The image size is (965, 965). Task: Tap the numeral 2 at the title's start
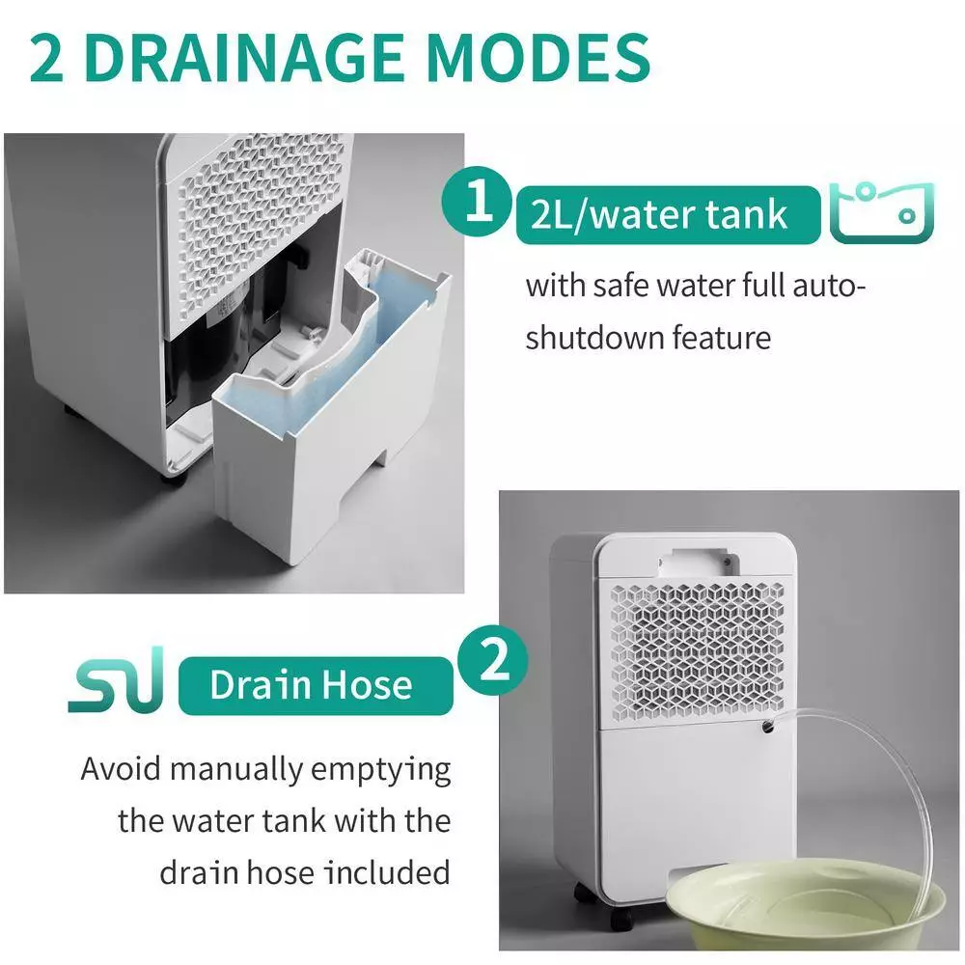48,58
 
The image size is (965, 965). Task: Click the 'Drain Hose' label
311,684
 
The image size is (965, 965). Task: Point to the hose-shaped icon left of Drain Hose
116,684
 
